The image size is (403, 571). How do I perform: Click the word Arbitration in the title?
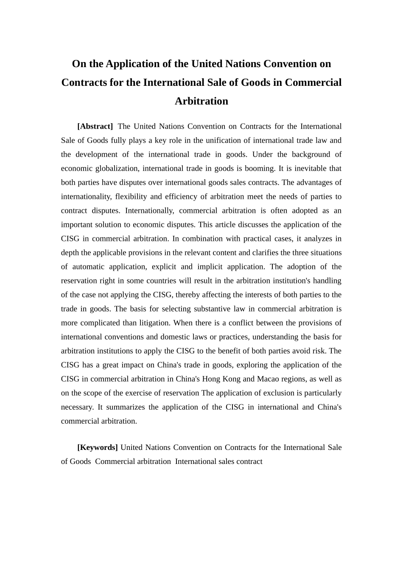pyautogui.click(x=201, y=101)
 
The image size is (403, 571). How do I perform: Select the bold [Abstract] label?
pyautogui.click(x=95, y=126)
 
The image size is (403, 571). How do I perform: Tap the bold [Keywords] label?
pyautogui.click(x=98, y=447)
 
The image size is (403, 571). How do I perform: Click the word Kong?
pyautogui.click(x=232, y=379)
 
